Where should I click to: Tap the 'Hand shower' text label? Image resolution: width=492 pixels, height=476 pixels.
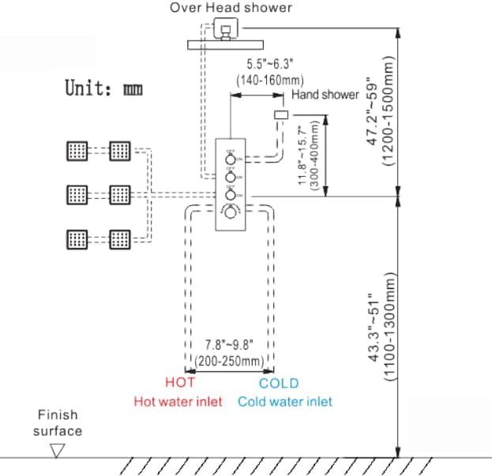(x=325, y=95)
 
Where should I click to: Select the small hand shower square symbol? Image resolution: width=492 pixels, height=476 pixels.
(x=280, y=115)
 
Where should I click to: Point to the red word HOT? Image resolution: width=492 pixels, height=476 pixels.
(x=180, y=383)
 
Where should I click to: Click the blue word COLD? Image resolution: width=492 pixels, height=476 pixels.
(x=279, y=383)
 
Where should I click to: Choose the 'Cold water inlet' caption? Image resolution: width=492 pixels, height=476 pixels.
(x=285, y=401)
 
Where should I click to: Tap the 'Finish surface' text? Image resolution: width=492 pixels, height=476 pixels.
(x=57, y=422)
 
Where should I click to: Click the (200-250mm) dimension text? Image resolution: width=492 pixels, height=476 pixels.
(x=230, y=361)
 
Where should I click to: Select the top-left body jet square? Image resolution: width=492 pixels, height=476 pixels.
(x=77, y=150)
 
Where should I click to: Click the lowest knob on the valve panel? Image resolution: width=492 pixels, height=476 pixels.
(x=230, y=212)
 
